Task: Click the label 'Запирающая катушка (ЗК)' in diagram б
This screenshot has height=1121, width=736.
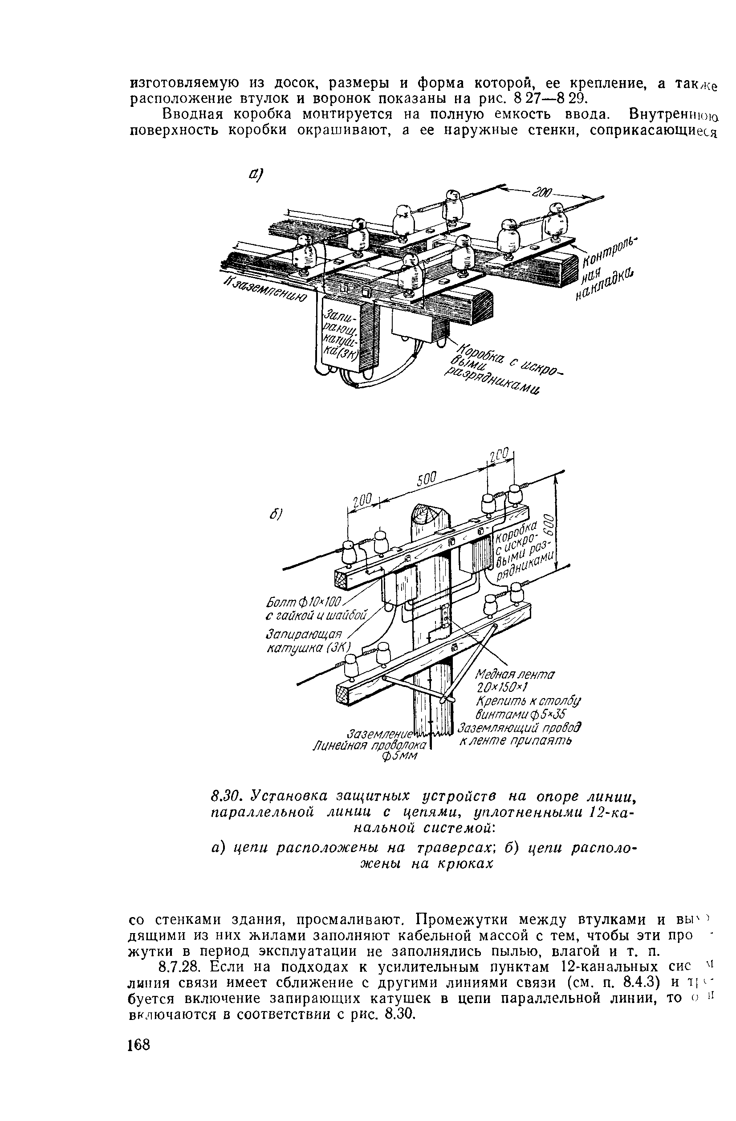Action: pyautogui.click(x=308, y=641)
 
